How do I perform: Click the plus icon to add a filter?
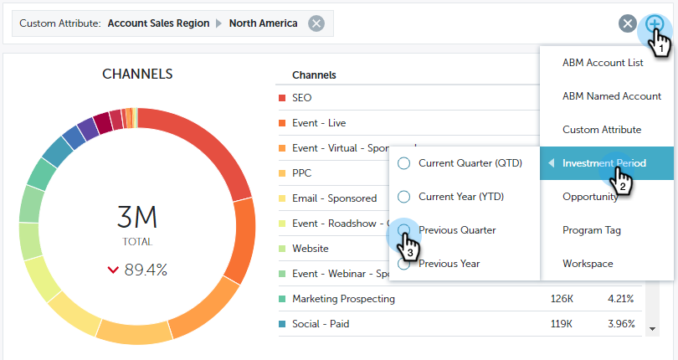click(654, 23)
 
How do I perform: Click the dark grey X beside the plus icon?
click(628, 23)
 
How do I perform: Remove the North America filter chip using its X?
click(316, 23)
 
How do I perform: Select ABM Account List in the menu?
click(603, 63)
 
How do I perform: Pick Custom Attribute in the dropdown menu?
click(602, 130)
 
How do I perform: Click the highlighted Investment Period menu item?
click(604, 163)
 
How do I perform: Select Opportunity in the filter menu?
click(591, 197)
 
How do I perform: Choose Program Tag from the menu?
click(592, 230)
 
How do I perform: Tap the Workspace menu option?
click(588, 264)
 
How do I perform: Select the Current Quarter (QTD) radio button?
click(404, 163)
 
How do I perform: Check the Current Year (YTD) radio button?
click(404, 197)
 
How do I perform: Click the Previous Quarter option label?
click(457, 230)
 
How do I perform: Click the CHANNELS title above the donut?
click(137, 75)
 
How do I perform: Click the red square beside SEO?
click(282, 98)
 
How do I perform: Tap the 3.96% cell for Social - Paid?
click(620, 324)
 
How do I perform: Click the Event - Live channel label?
click(319, 123)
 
